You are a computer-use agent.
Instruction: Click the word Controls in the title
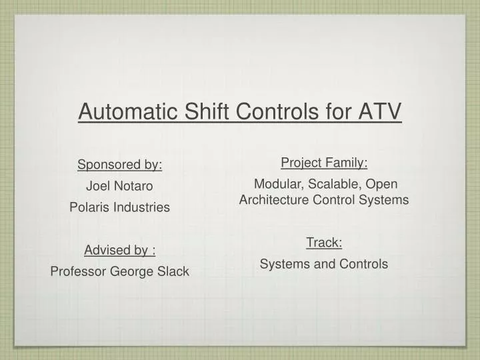pos(275,111)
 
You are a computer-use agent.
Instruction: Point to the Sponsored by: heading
pos(120,165)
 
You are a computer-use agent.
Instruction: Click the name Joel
pos(97,186)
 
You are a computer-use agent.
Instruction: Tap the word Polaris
pos(89,207)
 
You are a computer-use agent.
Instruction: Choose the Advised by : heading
pos(120,250)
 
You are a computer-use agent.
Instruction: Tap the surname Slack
pos(175,271)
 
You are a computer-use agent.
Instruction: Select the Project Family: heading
pos(324,163)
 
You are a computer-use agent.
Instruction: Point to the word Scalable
pos(335,184)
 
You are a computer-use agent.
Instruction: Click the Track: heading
pos(324,243)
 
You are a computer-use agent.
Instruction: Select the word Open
pos(383,184)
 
